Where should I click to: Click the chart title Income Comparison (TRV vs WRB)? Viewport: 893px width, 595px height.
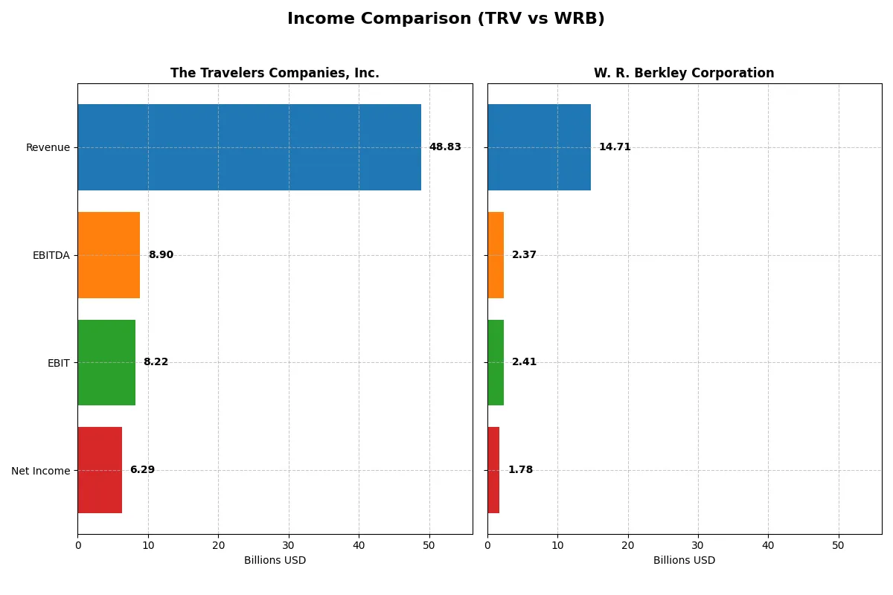(446, 19)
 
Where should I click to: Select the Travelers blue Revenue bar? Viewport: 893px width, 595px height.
(249, 147)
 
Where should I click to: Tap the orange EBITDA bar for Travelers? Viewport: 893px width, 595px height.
(109, 255)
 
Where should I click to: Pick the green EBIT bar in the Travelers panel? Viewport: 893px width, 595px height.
(106, 362)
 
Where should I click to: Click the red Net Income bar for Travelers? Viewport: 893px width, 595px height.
(100, 470)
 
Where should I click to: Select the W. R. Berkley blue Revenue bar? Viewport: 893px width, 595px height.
(539, 147)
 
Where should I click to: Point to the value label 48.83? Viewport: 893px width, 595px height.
(445, 147)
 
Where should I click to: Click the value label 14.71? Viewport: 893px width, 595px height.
(615, 147)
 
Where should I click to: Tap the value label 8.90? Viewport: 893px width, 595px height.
(161, 255)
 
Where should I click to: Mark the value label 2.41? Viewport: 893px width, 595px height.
(524, 362)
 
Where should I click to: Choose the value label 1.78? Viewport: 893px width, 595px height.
(520, 470)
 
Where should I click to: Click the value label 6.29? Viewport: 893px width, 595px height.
(142, 470)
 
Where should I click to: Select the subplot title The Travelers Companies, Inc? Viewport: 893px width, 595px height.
(275, 74)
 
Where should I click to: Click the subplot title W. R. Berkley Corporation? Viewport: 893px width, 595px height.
(684, 74)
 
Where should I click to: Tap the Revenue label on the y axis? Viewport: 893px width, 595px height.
(48, 147)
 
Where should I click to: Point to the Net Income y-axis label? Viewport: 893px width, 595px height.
(41, 471)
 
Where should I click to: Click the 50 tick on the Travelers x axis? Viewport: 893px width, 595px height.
(429, 545)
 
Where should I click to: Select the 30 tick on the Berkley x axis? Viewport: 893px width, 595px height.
(698, 545)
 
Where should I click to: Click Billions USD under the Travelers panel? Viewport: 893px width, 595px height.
(275, 561)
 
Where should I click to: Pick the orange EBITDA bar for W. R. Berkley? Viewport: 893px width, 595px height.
(496, 255)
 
